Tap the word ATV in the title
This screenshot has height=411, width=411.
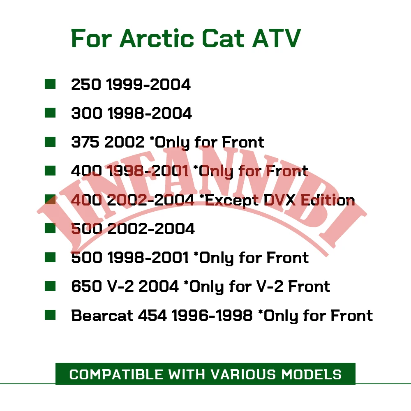[x=276, y=38]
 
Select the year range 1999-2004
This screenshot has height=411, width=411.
[x=149, y=84]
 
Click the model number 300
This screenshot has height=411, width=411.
[x=86, y=113]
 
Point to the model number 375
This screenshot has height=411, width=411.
[x=85, y=142]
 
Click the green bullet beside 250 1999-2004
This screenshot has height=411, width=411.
[x=50, y=84]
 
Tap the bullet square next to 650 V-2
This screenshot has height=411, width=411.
[x=50, y=286]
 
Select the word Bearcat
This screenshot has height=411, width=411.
[x=102, y=315]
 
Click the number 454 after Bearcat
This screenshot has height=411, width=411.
[x=152, y=315]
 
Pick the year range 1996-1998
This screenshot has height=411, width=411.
[x=212, y=315]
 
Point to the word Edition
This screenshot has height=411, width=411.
[x=328, y=200]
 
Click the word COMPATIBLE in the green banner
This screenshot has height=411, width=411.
[x=116, y=374]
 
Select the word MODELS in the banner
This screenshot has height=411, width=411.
[x=312, y=374]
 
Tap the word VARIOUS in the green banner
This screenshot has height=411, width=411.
[x=243, y=374]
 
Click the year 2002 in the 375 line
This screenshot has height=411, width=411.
[x=125, y=142]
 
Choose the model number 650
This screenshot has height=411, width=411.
[x=86, y=286]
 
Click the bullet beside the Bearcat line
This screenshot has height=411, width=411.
[x=50, y=315]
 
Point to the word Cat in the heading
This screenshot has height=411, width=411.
[x=223, y=38]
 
